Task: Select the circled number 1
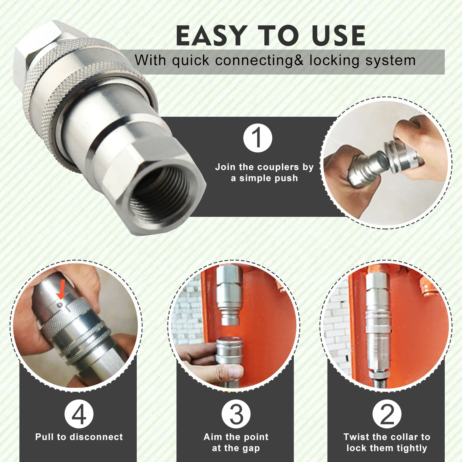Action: [x=257, y=138]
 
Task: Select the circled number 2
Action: [x=387, y=414]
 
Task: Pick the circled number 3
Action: [x=236, y=414]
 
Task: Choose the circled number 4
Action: [x=79, y=414]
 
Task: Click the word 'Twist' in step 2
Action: [x=356, y=437]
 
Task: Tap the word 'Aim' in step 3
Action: [x=213, y=437]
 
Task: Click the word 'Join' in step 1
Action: [x=225, y=167]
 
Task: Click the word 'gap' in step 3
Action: [x=251, y=448]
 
